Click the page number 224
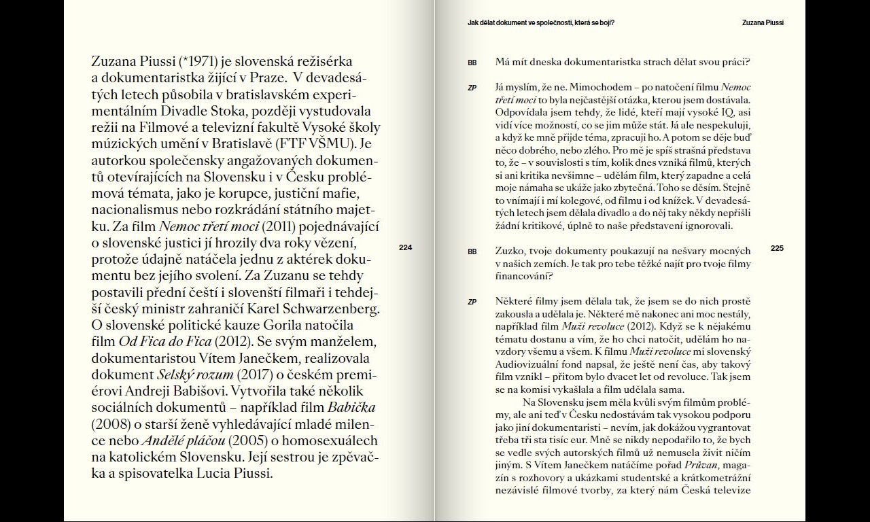(405, 247)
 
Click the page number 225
(777, 248)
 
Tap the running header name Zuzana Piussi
(763, 22)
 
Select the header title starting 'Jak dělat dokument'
(540, 22)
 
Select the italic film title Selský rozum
(195, 375)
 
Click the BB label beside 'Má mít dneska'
(472, 63)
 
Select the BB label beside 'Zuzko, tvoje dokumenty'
(472, 251)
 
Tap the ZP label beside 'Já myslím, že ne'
(472, 88)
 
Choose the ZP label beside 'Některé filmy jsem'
(472, 302)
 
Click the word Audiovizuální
(528, 364)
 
